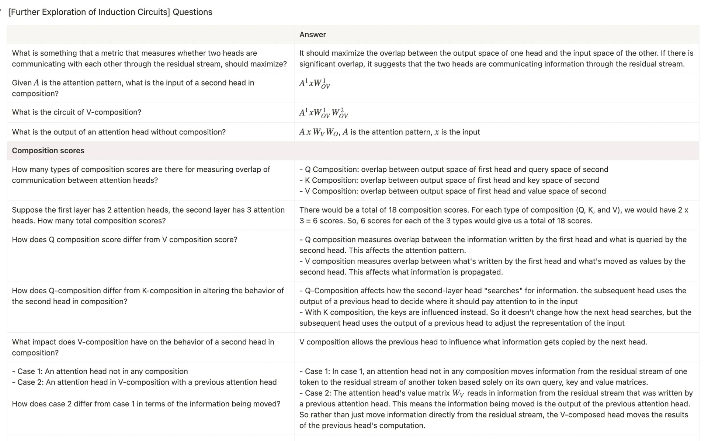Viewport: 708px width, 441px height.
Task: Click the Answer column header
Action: (x=312, y=35)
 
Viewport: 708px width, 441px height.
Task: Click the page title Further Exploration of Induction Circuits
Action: (x=110, y=12)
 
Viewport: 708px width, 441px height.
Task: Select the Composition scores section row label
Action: (x=48, y=151)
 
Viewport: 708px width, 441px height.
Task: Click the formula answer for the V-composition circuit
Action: (x=323, y=113)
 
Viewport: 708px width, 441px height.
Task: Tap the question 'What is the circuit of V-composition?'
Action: (x=76, y=112)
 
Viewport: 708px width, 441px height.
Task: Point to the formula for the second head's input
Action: (x=315, y=83)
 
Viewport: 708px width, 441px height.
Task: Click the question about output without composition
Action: (x=118, y=132)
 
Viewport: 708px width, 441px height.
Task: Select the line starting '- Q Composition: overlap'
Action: (x=454, y=169)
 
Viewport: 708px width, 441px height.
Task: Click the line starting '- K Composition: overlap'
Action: (x=449, y=180)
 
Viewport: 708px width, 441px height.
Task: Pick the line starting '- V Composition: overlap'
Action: (x=452, y=191)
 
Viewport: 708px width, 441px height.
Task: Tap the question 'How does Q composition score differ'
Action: (x=124, y=239)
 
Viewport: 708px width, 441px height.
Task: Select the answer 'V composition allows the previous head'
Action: (x=473, y=342)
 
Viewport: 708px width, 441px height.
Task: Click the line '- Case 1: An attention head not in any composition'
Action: (x=100, y=371)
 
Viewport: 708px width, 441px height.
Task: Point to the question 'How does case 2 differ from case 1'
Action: (x=146, y=404)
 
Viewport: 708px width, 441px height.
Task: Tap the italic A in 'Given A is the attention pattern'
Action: (x=36, y=83)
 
